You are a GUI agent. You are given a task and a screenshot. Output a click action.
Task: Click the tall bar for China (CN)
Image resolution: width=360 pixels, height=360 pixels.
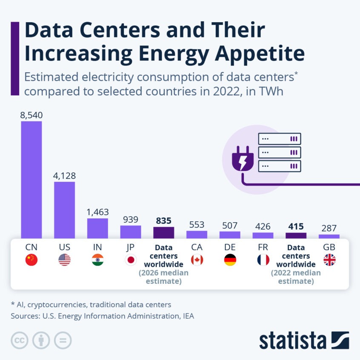tap(31, 180)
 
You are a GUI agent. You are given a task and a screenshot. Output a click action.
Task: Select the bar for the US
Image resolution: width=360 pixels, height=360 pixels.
tap(64, 210)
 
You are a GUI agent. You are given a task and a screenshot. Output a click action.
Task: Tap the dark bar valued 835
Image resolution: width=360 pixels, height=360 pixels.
tap(164, 232)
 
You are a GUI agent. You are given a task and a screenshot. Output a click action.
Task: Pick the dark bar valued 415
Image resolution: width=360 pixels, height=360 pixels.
tap(296, 235)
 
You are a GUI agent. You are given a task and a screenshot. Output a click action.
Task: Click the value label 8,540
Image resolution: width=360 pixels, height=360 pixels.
tap(31, 115)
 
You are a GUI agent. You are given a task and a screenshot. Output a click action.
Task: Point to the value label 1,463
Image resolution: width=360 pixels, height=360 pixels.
tap(97, 212)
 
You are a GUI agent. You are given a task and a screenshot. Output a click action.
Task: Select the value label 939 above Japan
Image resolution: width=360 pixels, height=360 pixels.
tap(131, 219)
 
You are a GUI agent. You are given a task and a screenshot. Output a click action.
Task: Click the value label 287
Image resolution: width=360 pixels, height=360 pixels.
tap(329, 228)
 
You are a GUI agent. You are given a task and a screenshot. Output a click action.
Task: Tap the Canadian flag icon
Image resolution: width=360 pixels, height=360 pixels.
tap(197, 260)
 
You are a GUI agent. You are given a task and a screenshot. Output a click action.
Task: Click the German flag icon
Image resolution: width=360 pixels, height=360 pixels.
tap(230, 260)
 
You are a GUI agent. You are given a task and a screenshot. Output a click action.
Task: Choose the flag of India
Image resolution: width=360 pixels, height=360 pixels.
tap(97, 260)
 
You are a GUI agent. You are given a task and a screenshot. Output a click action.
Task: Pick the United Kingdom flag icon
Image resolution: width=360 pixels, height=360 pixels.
tap(329, 260)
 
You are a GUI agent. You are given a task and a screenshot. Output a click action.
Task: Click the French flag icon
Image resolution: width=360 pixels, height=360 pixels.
tap(263, 260)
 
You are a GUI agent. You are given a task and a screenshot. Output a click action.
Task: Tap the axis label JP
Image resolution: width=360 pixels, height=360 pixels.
tap(131, 247)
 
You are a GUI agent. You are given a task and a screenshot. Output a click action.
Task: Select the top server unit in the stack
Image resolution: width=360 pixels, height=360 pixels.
tap(280, 139)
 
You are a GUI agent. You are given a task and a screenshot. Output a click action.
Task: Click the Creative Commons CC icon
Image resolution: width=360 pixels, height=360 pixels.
tap(20, 340)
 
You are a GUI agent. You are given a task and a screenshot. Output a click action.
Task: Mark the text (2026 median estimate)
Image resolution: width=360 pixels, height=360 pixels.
tap(164, 277)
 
